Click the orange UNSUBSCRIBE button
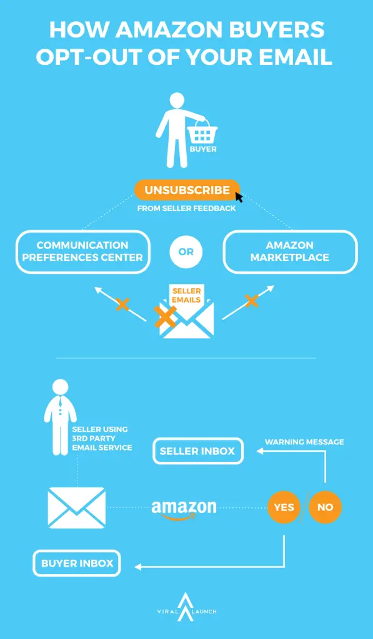point(187,190)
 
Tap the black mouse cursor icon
point(239,198)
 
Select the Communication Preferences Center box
point(83,251)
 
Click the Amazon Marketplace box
point(290,251)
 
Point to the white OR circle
point(186,251)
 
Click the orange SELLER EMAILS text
point(186,295)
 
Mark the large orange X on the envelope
point(166,316)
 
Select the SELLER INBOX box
point(198,451)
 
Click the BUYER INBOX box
point(77,563)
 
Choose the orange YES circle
point(284,507)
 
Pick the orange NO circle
point(326,507)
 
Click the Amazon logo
point(184,509)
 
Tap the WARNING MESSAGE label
point(304,442)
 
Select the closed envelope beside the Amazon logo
point(77,508)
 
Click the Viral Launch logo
point(186,607)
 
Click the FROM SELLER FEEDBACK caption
point(186,208)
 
